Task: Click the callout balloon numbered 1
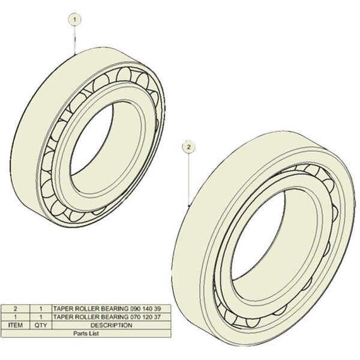[74, 20]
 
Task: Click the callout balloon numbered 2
[188, 147]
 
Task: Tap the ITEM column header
[16, 325]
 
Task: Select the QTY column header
[41, 325]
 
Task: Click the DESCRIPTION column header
[112, 325]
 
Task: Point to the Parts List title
[86, 334]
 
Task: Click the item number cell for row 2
[16, 308]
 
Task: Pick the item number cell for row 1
[16, 317]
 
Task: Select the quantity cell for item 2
[41, 308]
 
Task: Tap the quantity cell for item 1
[41, 317]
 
